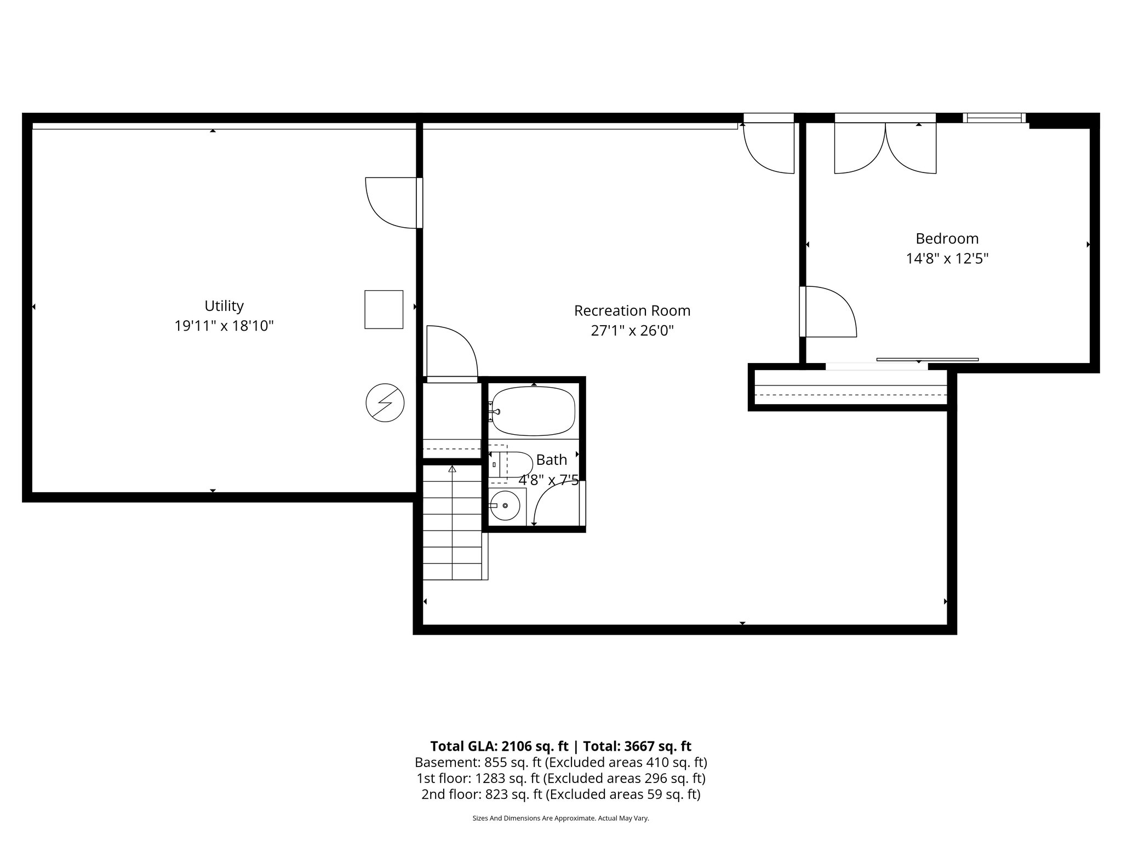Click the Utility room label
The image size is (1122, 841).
(x=224, y=306)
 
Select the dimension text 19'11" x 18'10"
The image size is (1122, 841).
(x=224, y=326)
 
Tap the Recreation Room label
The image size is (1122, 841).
(x=632, y=310)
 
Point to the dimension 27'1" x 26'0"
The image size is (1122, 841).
(x=632, y=331)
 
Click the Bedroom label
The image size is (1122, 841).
(x=947, y=239)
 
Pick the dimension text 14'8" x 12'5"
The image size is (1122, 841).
(x=947, y=258)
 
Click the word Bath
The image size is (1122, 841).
(x=551, y=460)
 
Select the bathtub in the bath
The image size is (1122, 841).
(x=533, y=411)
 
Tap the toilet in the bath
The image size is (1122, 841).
(x=512, y=464)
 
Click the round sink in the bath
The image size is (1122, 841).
(x=505, y=505)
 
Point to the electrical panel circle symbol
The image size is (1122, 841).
(x=385, y=402)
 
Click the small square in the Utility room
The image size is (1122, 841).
(x=383, y=309)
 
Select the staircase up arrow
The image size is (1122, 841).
(x=452, y=470)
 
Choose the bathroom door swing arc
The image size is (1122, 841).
(x=553, y=503)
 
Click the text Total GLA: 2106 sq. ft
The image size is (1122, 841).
(x=499, y=746)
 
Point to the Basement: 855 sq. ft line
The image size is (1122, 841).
(x=560, y=762)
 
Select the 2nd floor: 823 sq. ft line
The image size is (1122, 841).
(x=560, y=794)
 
